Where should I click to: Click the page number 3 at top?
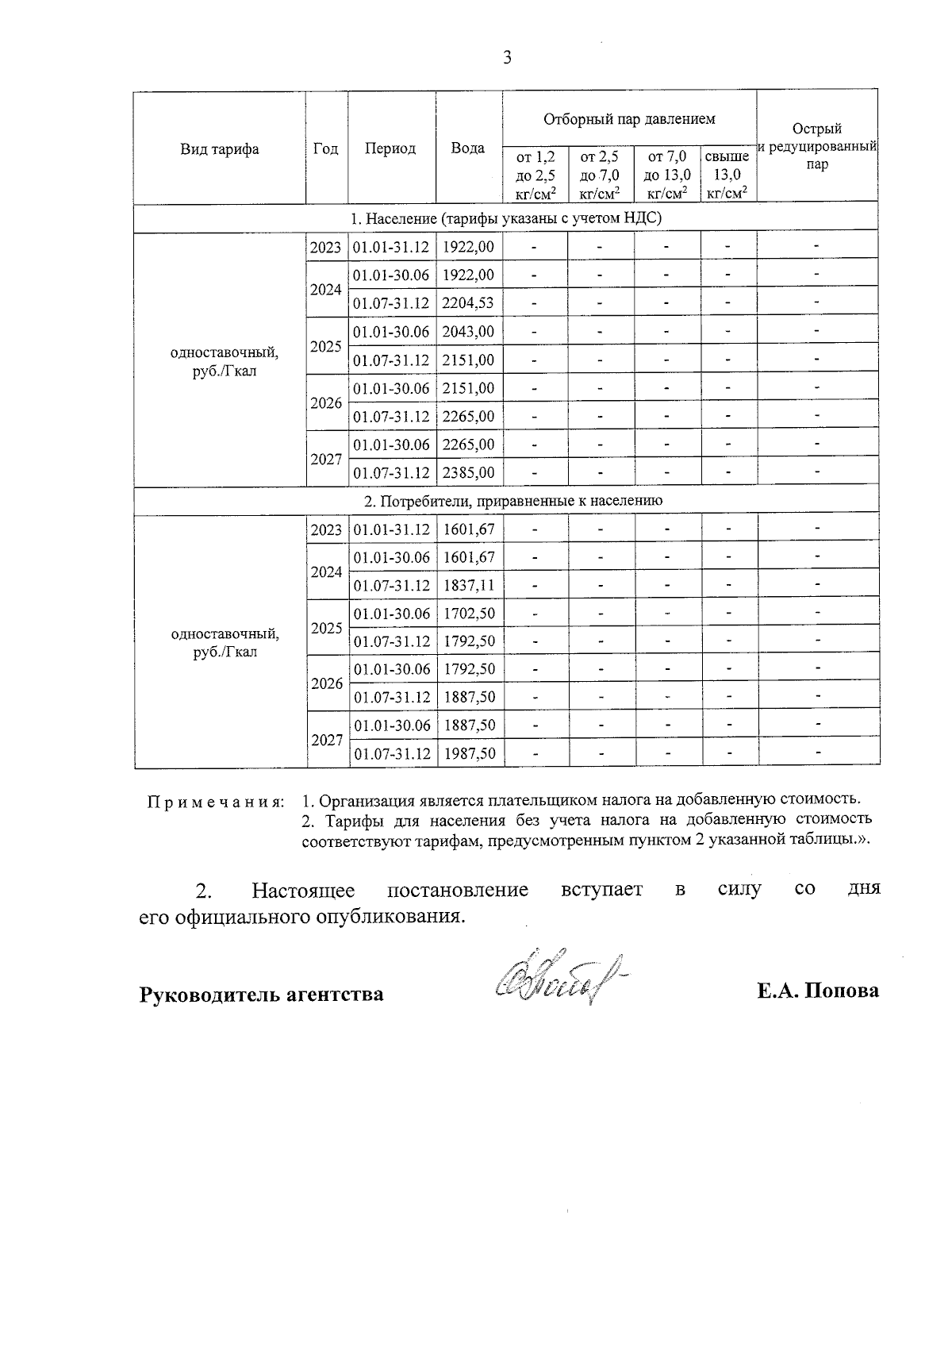tap(507, 57)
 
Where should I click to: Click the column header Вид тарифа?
tap(219, 148)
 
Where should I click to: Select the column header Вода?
tap(468, 148)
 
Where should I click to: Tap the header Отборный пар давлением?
tap(629, 119)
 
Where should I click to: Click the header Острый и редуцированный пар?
tap(817, 147)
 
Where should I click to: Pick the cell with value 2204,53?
tap(468, 302)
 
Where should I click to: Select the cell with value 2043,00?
tap(468, 331)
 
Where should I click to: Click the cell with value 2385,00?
tap(468, 472)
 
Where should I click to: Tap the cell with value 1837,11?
tap(469, 585)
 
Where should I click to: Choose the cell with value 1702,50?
tap(469, 613)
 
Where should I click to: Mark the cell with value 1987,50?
tap(469, 753)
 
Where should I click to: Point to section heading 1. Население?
tap(506, 217)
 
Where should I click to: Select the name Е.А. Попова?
tap(818, 991)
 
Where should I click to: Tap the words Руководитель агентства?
tap(262, 994)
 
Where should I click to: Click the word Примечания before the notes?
tap(216, 801)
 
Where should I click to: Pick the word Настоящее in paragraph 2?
tap(303, 890)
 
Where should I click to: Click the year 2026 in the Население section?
tap(326, 402)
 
